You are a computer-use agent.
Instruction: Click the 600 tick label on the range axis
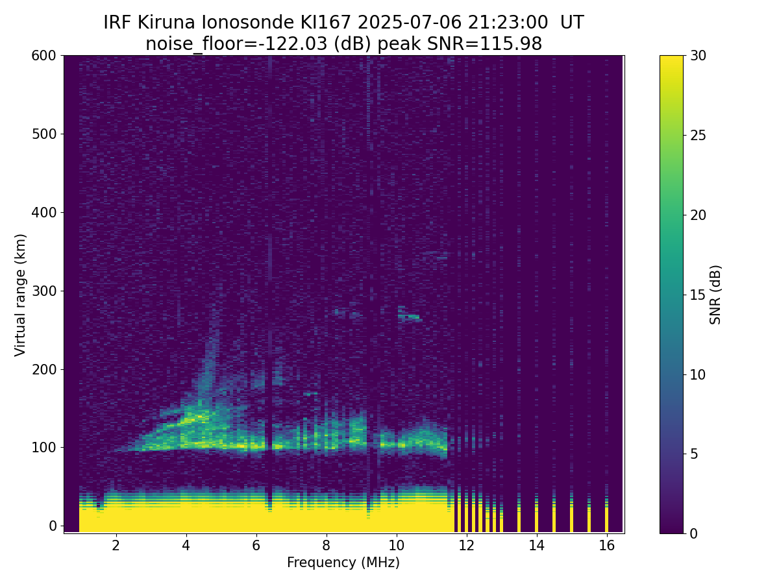(43, 56)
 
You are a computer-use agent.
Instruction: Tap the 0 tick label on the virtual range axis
(53, 526)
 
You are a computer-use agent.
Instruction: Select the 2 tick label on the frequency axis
(116, 545)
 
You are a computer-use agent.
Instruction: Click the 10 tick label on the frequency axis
(397, 545)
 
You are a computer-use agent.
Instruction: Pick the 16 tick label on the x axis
(607, 545)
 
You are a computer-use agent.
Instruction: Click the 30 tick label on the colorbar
(698, 56)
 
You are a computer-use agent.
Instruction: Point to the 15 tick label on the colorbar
(698, 295)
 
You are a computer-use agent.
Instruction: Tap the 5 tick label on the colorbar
(694, 454)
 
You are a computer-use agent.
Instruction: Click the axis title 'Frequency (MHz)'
(343, 563)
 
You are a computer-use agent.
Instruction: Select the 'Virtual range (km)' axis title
(20, 295)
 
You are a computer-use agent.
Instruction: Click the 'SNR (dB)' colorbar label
(715, 295)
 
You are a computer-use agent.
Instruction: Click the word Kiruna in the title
(166, 23)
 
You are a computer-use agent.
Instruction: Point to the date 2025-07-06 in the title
(410, 23)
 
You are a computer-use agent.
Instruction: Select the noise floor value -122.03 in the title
(296, 44)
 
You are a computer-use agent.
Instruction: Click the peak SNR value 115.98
(511, 44)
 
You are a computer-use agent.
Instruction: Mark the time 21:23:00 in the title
(508, 23)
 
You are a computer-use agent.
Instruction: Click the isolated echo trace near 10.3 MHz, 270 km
(410, 315)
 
